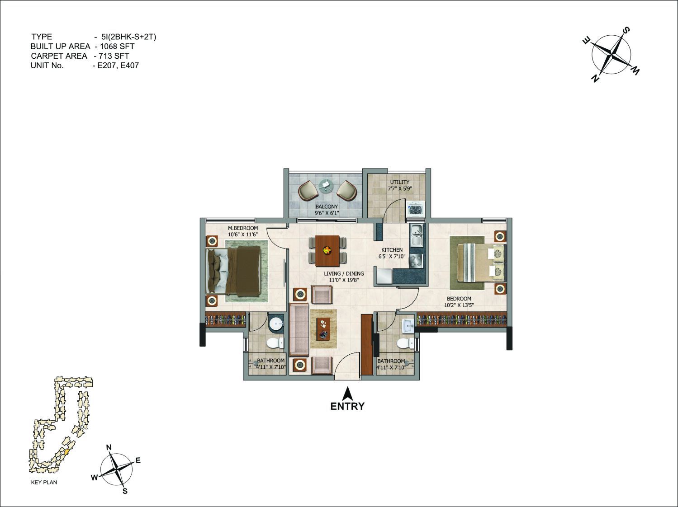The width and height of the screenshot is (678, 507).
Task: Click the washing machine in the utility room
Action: pos(416,210)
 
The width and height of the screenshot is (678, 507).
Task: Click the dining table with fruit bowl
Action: pos(327,251)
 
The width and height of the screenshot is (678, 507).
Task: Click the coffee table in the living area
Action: pos(323,329)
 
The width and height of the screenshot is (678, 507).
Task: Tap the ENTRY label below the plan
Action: pos(347,406)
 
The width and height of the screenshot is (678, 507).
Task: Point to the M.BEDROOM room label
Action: pos(243,228)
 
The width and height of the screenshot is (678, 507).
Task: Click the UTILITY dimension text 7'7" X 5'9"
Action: pos(400,189)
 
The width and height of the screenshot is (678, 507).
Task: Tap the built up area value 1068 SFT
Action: pos(117,47)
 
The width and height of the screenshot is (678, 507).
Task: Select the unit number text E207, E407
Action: pos(118,66)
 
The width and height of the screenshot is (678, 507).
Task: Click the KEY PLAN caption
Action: pos(44,482)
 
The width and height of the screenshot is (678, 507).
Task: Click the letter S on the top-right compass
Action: pos(626,31)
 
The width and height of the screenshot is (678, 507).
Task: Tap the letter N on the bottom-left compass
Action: pos(109,447)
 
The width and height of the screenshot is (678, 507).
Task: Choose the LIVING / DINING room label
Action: pos(344,274)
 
